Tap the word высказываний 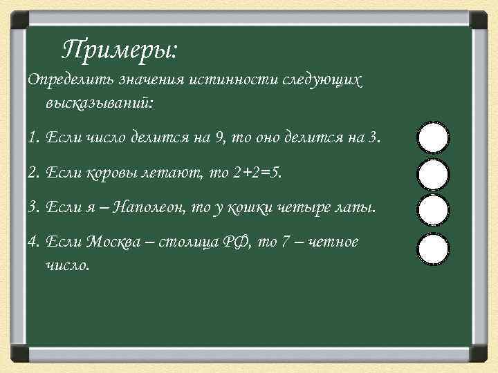click(x=100, y=104)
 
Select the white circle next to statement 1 click(x=434, y=137)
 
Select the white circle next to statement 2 click(x=434, y=174)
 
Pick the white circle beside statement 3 click(x=434, y=209)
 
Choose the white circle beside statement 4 click(x=434, y=249)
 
